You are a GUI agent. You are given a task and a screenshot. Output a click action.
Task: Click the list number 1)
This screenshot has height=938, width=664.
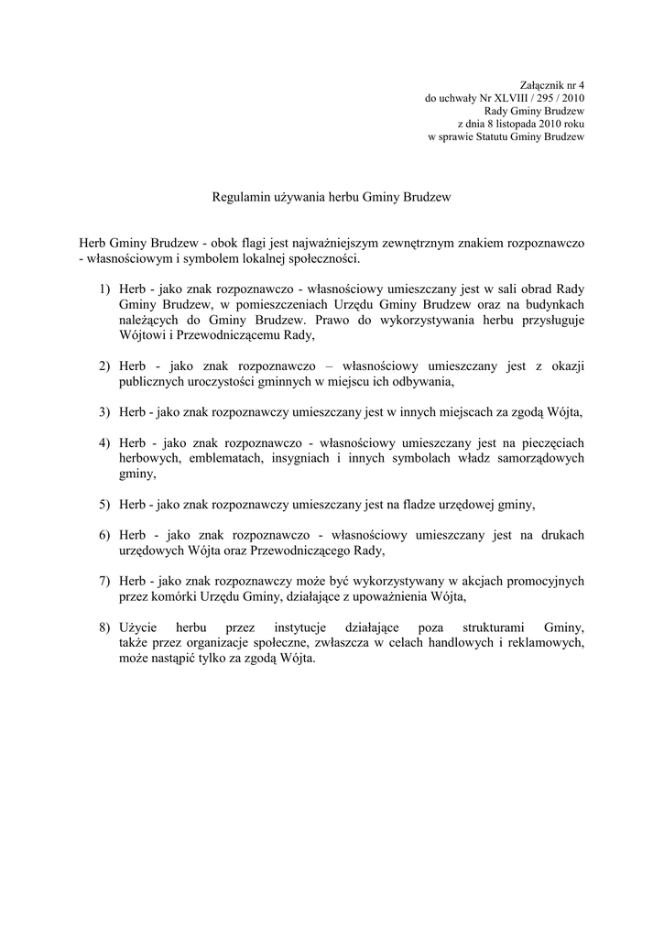105,289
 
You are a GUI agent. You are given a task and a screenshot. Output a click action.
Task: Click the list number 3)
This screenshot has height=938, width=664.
105,411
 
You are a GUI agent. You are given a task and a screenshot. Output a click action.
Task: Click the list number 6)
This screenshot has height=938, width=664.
105,535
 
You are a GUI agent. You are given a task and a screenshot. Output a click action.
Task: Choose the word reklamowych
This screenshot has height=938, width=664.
547,643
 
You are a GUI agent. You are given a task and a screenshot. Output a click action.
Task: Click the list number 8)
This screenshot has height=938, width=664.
105,627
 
